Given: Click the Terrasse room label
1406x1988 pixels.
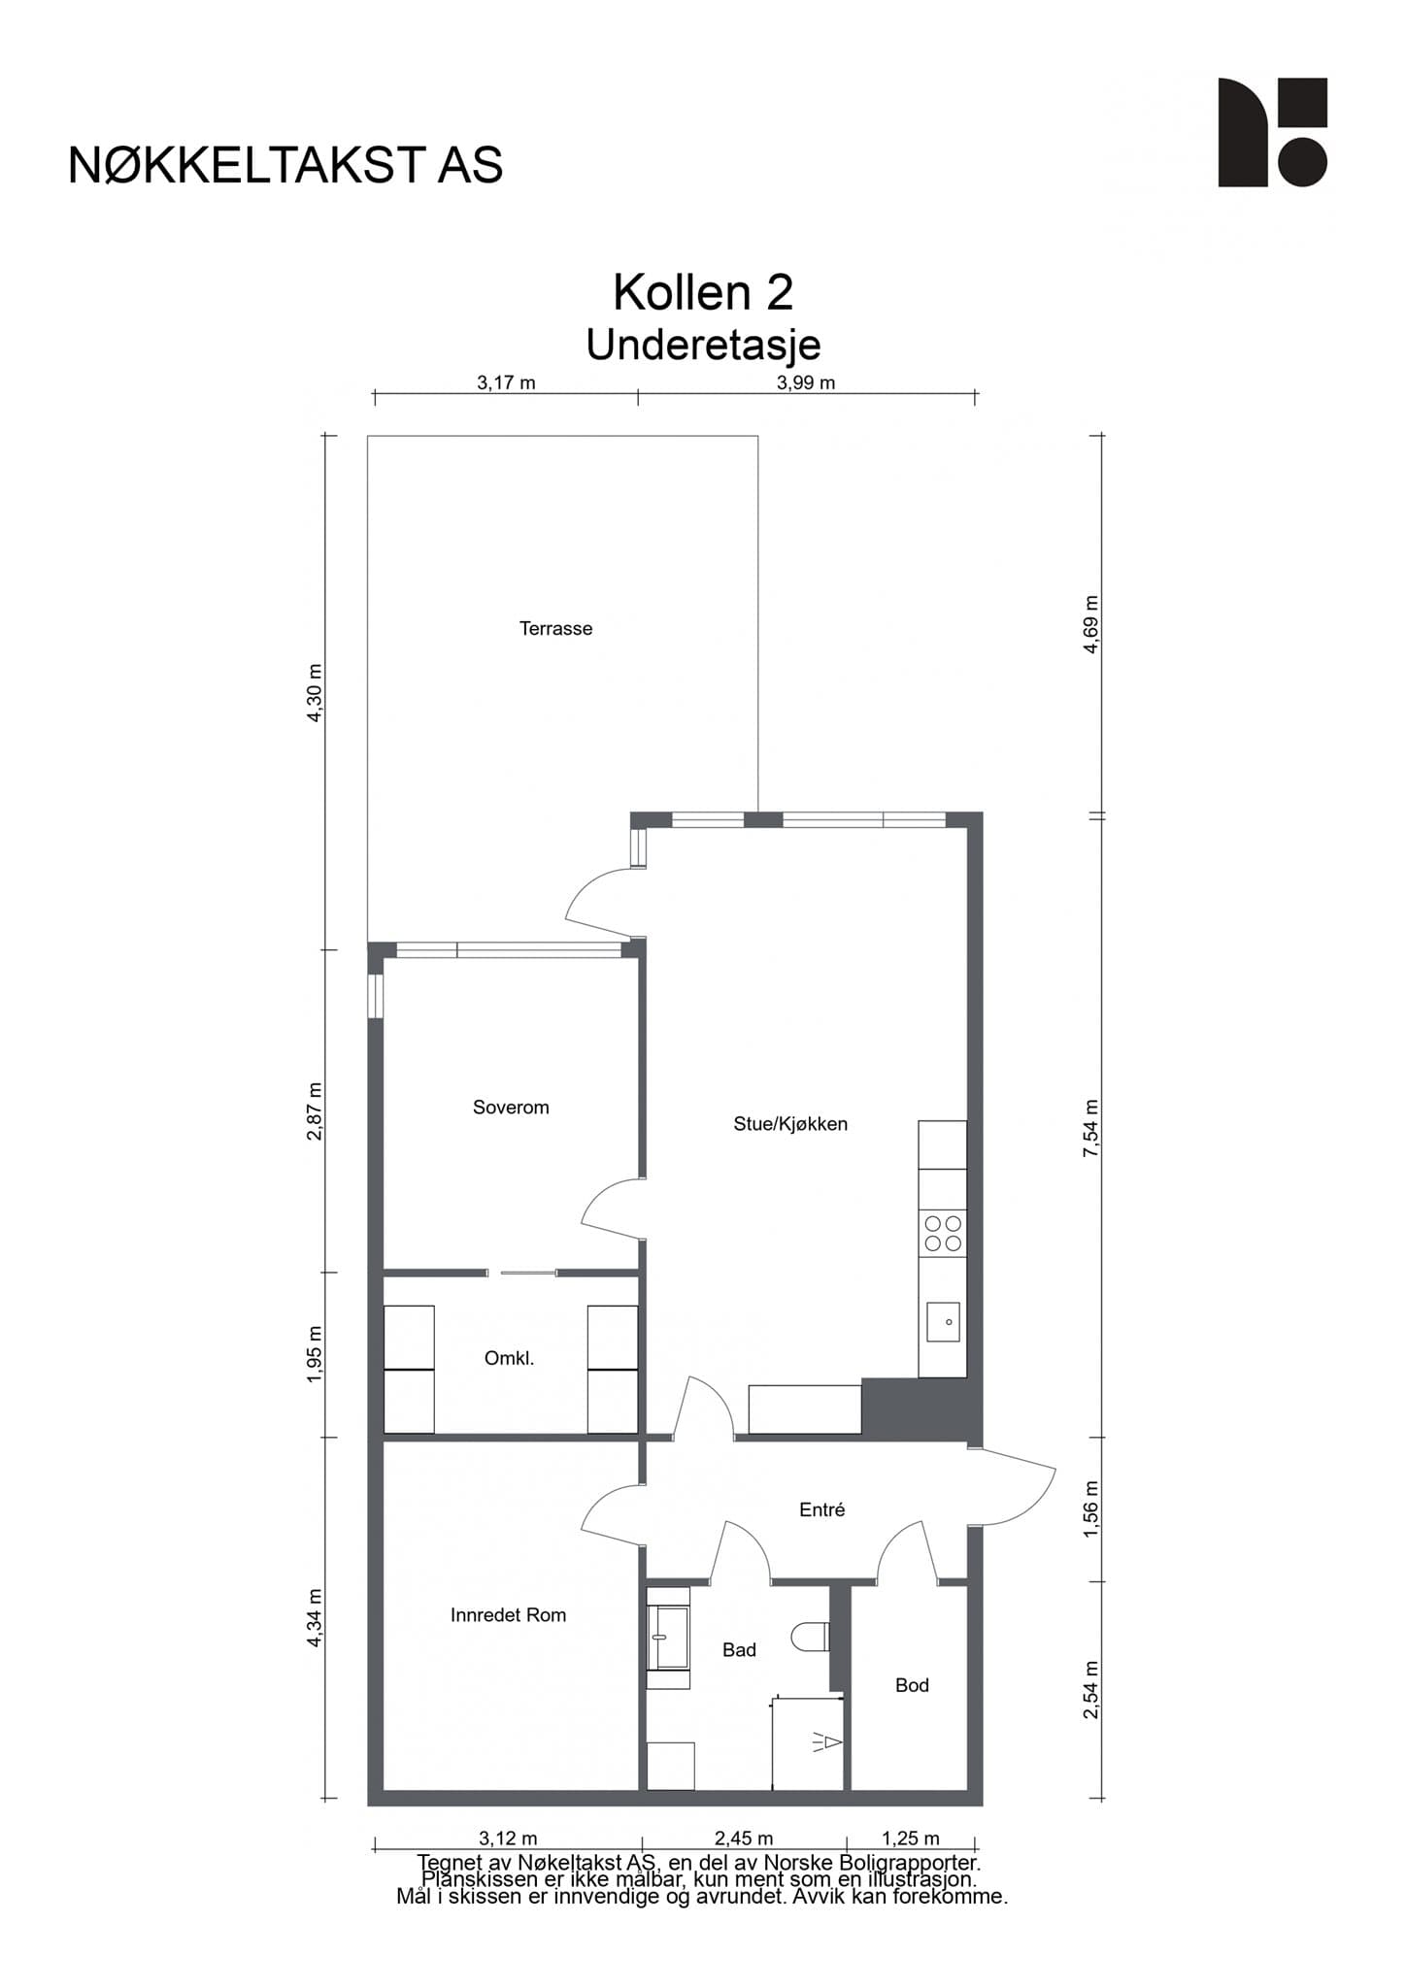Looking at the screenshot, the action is (x=555, y=629).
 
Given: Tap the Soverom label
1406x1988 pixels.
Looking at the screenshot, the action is (x=511, y=1108).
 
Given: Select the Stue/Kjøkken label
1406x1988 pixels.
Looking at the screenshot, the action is (x=790, y=1124).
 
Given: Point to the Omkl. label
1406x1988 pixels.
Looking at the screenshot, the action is (x=509, y=1359).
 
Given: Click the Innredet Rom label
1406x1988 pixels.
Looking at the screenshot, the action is (x=508, y=1615).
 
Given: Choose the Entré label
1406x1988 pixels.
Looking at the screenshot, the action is (x=821, y=1509).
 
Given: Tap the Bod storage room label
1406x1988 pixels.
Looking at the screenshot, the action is (x=912, y=1685).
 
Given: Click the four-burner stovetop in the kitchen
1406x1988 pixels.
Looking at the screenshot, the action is (x=943, y=1233).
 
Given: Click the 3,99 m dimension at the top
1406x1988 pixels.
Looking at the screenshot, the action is (x=806, y=382).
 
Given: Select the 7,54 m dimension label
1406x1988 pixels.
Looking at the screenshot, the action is (x=1091, y=1128).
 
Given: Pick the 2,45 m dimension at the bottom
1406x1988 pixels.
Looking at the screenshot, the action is (x=744, y=1839).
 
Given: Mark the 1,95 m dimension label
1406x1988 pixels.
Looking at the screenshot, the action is (x=314, y=1354).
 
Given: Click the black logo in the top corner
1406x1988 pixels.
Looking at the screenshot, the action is (x=1273, y=132).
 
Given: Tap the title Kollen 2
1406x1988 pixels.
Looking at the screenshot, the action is (x=703, y=292).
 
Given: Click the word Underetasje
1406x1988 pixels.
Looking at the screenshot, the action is (x=703, y=345).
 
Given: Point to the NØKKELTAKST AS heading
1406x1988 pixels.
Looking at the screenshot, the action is (x=285, y=166).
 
